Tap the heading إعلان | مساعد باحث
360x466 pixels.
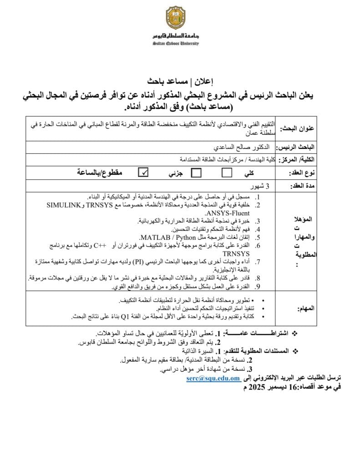click(x=180, y=82)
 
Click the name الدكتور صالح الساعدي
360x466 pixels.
click(x=241, y=147)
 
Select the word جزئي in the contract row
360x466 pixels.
click(x=172, y=173)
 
